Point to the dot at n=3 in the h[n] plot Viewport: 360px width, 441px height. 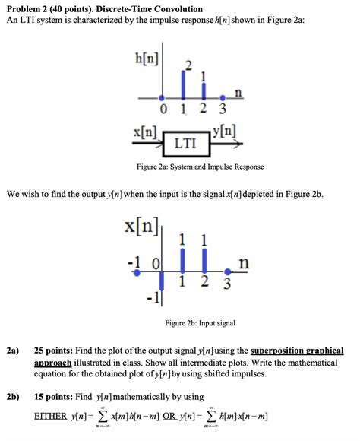[223, 97]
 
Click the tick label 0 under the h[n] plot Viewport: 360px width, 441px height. [161, 108]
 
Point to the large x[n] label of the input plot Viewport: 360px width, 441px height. [141, 227]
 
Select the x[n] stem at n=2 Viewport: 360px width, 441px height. [203, 262]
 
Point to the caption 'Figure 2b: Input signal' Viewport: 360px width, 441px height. [201, 323]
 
